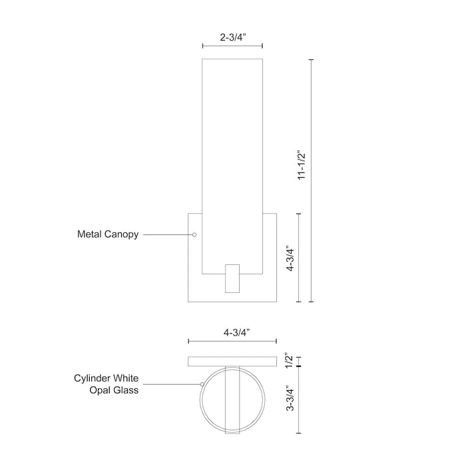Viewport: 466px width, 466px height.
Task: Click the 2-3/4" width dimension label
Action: coord(232,38)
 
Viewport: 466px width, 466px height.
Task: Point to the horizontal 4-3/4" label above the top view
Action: coord(232,331)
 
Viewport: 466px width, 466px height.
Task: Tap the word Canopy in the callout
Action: coord(122,235)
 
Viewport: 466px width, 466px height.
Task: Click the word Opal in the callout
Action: coord(101,390)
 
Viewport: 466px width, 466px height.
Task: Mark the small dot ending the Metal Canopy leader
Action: coord(194,234)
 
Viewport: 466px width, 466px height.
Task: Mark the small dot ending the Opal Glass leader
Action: coord(202,384)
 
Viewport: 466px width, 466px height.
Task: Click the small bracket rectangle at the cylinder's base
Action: coord(232,278)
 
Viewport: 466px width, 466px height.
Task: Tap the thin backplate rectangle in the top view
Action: coord(232,361)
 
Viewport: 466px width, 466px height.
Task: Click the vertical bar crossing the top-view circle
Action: coord(232,399)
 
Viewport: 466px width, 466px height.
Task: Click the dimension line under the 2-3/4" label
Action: coord(232,46)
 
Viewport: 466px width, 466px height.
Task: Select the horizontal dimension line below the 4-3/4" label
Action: coord(232,341)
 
